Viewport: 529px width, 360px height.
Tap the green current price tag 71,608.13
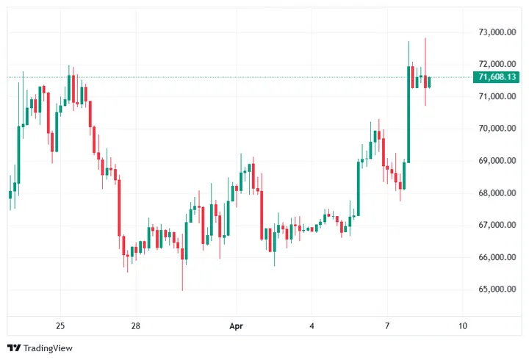[x=497, y=77]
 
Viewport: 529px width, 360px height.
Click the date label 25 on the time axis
[x=60, y=325]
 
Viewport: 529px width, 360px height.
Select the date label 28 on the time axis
[x=135, y=325]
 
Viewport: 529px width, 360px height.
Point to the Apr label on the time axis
[x=236, y=325]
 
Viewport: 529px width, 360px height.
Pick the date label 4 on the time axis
[x=312, y=325]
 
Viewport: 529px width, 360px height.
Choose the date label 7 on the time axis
[x=387, y=325]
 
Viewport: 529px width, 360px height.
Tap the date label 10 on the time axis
[x=462, y=325]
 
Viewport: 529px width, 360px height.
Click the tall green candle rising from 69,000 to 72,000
[x=409, y=114]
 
